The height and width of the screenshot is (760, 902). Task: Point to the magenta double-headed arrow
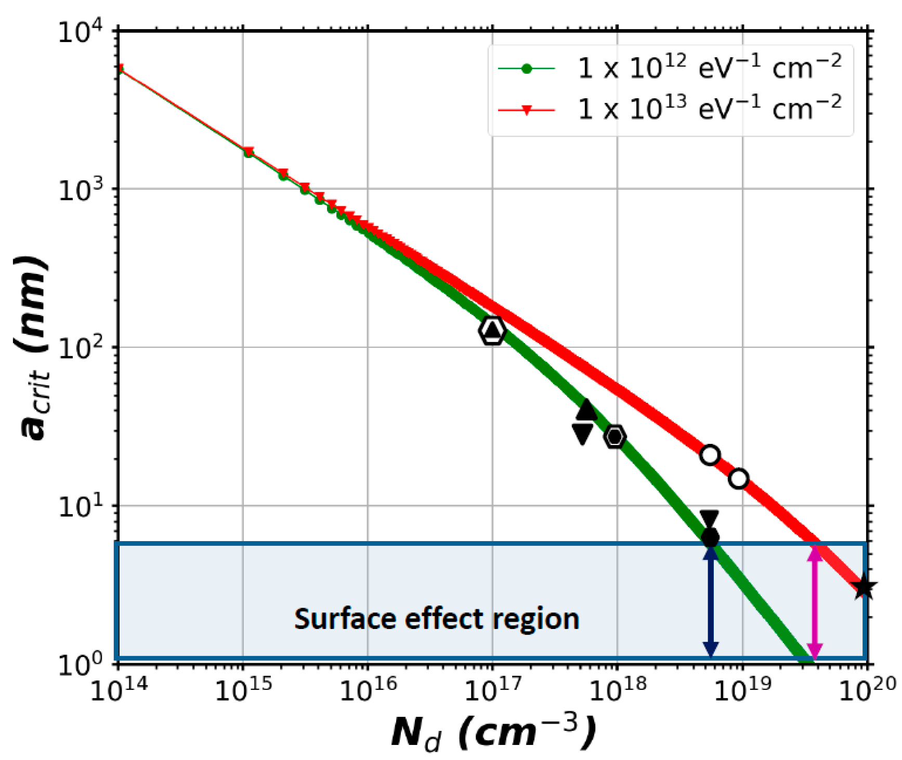pos(815,603)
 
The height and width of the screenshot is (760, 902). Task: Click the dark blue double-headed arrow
pos(711,603)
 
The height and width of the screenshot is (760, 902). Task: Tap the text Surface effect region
pos(437,619)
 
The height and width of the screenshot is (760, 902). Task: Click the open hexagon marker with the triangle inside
pos(492,330)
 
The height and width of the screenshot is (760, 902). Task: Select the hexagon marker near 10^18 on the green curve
pos(615,436)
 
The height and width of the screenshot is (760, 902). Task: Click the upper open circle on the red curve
pos(710,455)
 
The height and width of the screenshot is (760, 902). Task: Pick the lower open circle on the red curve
pos(739,478)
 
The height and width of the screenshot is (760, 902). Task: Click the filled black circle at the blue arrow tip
pos(710,538)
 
